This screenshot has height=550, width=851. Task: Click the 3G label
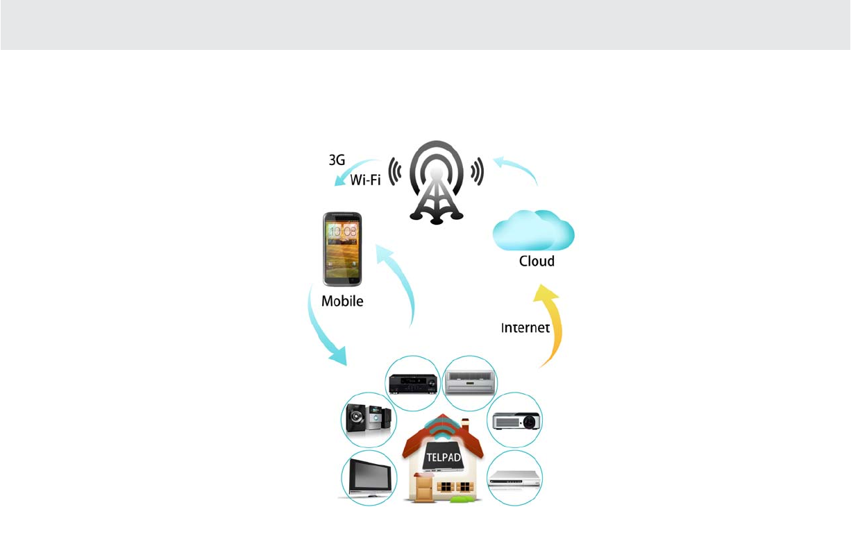337,159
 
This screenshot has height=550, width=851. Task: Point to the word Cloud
537,261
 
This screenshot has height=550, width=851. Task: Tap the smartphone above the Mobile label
342,249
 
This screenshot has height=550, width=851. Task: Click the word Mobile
342,302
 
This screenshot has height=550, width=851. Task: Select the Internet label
525,328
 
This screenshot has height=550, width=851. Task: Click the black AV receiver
412,383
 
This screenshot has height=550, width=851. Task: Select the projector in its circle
516,420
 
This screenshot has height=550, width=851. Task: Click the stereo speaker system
368,420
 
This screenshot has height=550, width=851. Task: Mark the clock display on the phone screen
342,231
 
